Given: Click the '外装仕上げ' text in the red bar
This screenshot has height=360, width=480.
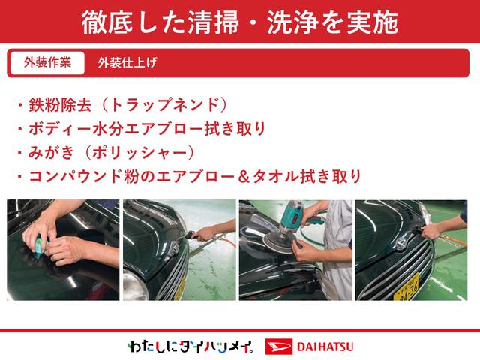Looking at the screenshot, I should coord(127,63).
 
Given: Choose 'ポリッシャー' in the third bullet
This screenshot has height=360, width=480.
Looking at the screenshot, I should coord(140,153).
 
